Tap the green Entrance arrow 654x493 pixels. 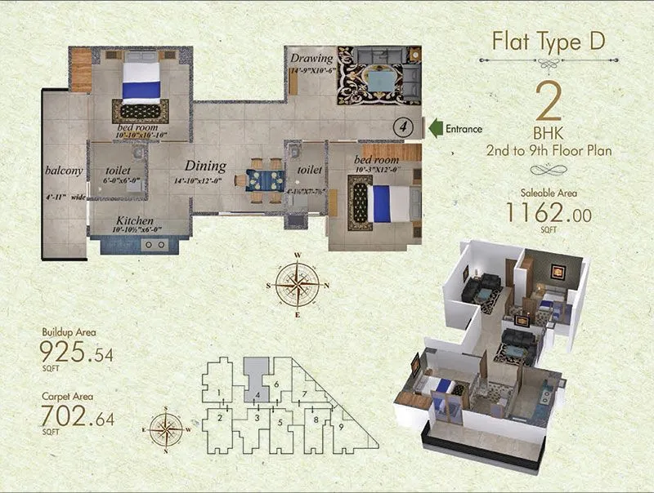[437, 128]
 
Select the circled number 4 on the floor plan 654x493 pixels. [401, 127]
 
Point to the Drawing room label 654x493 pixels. [311, 59]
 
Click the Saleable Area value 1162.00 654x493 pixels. [549, 214]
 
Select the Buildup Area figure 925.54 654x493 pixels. [78, 353]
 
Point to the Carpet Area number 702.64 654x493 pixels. [78, 419]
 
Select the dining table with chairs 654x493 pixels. [263, 178]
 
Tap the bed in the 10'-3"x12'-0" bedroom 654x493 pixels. [385, 202]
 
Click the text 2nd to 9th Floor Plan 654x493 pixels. [549, 151]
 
